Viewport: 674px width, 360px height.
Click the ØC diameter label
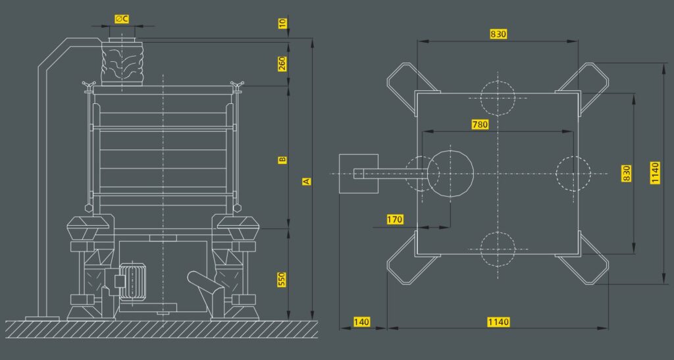(x=122, y=19)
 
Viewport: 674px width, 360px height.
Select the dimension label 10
(x=282, y=23)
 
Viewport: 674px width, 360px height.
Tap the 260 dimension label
(x=282, y=64)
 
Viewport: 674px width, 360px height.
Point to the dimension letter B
(x=282, y=160)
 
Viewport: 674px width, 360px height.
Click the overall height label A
(x=306, y=181)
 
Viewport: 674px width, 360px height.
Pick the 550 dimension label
(x=282, y=280)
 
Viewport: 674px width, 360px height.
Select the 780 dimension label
(x=480, y=124)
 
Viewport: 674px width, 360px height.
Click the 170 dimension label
(x=395, y=220)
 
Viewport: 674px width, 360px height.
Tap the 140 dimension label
(x=361, y=322)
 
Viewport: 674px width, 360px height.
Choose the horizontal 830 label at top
(x=498, y=34)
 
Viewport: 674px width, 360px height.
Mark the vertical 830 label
(x=627, y=173)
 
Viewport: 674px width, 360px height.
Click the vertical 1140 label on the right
(x=655, y=172)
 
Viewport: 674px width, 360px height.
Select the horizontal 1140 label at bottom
(x=498, y=322)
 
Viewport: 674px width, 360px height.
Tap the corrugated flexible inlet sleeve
(x=122, y=64)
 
